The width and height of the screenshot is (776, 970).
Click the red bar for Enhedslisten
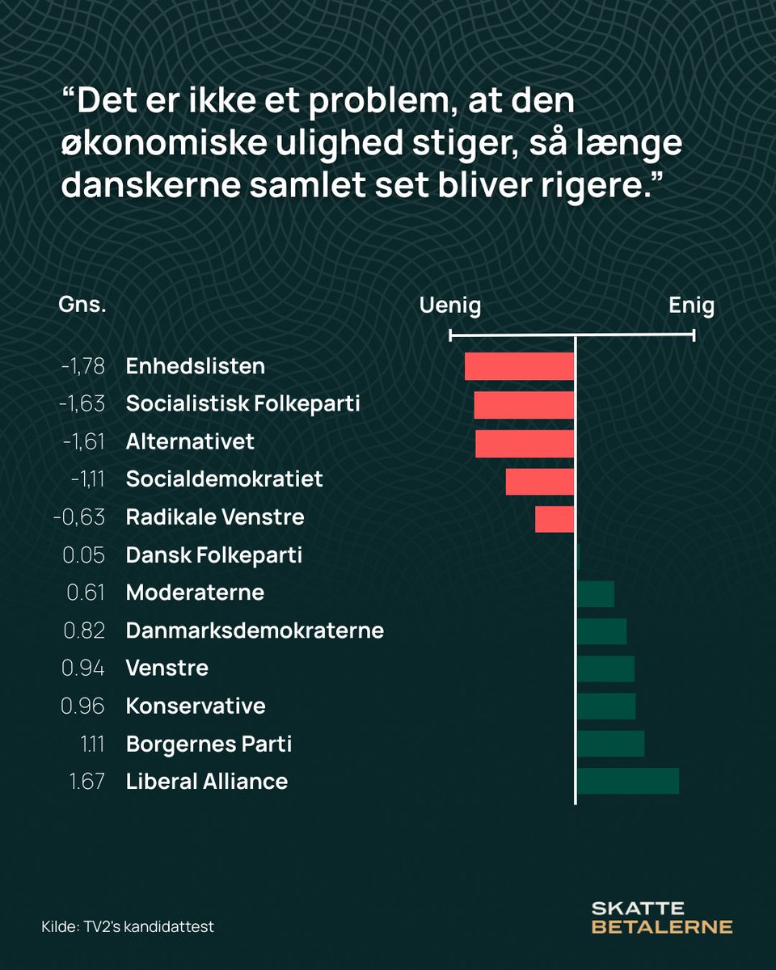click(x=519, y=366)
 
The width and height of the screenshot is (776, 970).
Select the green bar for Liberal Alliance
click(x=628, y=782)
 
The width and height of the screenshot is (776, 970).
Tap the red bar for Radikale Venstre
click(x=555, y=517)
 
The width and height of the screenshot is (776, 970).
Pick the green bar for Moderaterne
click(x=596, y=593)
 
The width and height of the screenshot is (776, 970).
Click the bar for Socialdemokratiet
click(x=540, y=480)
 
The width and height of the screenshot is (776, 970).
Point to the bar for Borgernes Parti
click(x=610, y=744)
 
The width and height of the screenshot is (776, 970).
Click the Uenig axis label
click(x=450, y=306)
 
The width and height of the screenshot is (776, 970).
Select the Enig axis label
click(x=691, y=306)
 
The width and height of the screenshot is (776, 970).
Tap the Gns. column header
click(x=82, y=306)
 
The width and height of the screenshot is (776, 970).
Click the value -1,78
click(x=82, y=367)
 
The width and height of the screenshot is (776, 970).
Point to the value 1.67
click(x=84, y=782)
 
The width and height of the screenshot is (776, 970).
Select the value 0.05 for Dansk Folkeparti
click(x=84, y=555)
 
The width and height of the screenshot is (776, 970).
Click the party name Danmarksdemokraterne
click(x=255, y=630)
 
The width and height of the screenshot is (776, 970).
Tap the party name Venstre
click(x=167, y=668)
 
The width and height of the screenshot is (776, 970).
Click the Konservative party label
click(x=196, y=706)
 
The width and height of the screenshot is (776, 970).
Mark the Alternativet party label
click(x=190, y=442)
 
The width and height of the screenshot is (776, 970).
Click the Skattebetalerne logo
click(x=661, y=917)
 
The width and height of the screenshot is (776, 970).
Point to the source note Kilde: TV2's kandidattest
click(x=128, y=926)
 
